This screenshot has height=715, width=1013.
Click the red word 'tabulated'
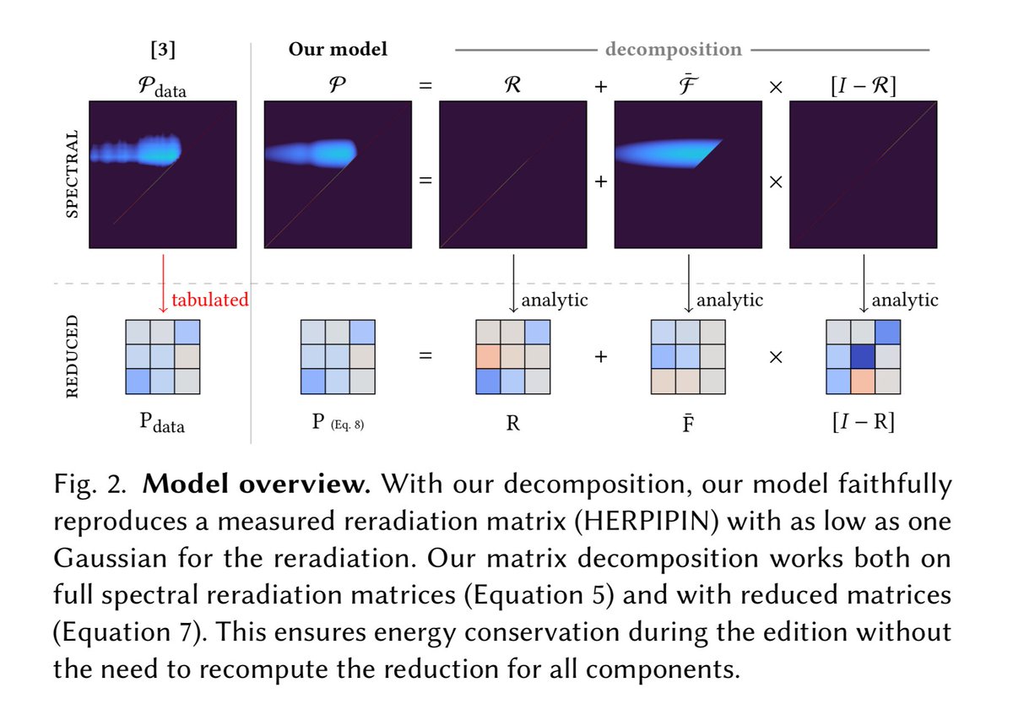pos(209,300)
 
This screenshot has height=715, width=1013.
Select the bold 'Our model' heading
pos(338,50)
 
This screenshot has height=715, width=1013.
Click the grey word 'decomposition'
pos(673,50)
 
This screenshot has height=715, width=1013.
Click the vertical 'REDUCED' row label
pos(73,355)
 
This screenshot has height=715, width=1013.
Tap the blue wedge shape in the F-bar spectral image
pos(671,152)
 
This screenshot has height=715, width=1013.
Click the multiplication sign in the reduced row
pos(776,356)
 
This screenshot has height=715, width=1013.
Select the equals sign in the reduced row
pos(425,356)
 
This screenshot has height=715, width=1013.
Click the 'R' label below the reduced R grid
pos(513,422)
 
